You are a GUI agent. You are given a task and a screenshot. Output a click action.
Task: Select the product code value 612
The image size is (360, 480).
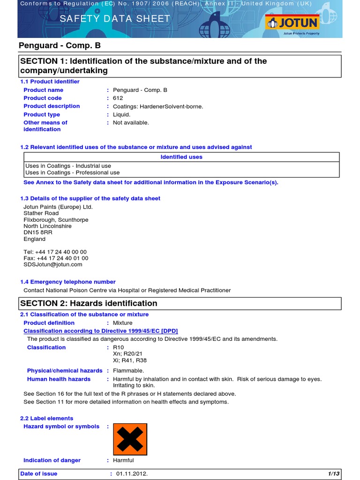(118, 98)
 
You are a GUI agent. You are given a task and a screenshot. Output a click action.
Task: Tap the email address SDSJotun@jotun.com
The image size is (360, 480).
(52, 264)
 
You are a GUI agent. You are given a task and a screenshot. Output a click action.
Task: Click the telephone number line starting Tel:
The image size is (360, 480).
(55, 252)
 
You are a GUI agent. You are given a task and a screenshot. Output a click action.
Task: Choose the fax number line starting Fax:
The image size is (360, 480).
(56, 258)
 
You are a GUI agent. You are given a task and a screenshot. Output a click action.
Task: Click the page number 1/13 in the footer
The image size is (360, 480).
(334, 474)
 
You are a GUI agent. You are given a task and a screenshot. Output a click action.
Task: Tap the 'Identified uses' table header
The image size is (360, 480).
(181, 157)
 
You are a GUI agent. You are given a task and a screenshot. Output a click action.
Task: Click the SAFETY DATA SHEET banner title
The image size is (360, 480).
(112, 19)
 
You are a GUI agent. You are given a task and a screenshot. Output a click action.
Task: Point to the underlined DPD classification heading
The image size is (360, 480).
(101, 331)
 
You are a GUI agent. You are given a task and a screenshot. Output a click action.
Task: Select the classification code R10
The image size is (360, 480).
(118, 347)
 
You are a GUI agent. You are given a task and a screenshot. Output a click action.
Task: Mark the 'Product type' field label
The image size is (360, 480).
(42, 114)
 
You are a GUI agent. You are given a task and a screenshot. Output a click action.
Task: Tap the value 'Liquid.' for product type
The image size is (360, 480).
(122, 114)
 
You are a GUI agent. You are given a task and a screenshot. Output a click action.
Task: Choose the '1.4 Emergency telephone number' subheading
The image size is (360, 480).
(68, 282)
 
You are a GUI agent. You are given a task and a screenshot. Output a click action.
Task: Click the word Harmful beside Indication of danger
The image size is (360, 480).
(123, 460)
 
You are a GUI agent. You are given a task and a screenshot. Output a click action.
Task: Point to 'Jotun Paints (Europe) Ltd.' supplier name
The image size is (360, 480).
(58, 207)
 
